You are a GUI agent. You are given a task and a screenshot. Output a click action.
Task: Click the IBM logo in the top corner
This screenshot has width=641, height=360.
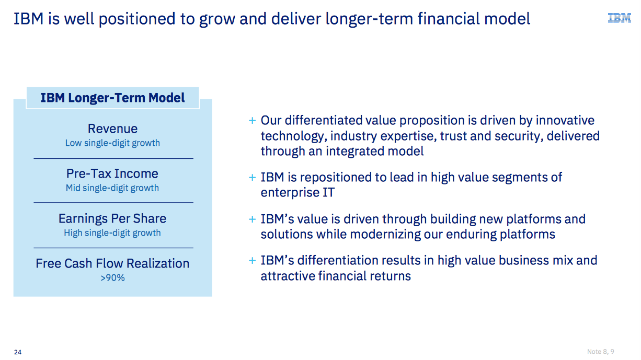coord(619,18)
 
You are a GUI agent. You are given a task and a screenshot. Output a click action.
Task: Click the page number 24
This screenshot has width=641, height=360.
coord(18,352)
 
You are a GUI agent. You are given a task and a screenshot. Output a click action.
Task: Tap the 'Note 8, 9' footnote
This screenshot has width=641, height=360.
coord(600,352)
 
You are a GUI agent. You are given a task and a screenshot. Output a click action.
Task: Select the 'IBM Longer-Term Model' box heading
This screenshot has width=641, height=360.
coord(112,98)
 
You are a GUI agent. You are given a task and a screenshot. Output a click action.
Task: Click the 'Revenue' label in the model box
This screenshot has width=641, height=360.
coord(112,129)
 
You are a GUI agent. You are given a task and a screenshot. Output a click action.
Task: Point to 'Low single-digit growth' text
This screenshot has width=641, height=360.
coord(112,143)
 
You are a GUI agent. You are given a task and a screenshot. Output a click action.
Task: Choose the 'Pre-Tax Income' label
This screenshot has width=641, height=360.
coord(112,173)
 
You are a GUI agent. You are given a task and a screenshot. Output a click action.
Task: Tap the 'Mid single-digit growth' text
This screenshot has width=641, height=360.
coord(112,188)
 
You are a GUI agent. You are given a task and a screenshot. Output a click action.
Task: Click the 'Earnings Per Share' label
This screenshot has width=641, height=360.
coord(112,218)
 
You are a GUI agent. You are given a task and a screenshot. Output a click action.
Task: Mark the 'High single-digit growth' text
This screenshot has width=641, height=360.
coord(112,233)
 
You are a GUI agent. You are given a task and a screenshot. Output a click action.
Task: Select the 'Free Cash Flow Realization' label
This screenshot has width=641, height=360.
coord(112,263)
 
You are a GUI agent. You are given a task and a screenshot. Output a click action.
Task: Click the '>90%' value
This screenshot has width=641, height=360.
coord(112,277)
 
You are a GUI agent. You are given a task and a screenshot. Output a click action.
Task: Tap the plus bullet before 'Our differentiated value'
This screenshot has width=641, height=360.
coord(252,121)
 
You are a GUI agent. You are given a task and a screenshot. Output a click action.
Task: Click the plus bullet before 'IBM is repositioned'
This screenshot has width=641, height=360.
coord(252,178)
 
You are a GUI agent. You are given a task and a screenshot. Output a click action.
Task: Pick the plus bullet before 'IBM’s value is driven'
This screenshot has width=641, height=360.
coord(252,219)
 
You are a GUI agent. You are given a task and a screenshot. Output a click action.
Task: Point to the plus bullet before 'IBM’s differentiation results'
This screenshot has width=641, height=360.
coord(252,261)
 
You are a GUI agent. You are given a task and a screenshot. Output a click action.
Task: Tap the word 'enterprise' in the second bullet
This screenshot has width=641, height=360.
coord(289,193)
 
